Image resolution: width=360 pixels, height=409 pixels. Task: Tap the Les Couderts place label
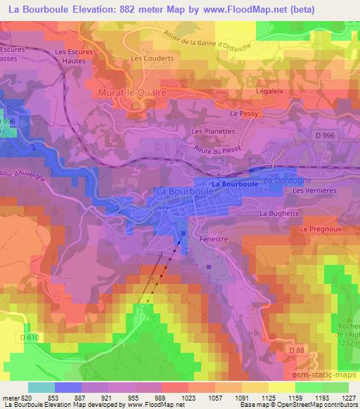[x=146, y=58]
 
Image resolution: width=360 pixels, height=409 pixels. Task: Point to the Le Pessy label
[x=245, y=113]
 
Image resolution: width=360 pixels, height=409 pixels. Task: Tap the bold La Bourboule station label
[x=236, y=183]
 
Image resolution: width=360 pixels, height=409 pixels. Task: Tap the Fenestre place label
[x=218, y=240]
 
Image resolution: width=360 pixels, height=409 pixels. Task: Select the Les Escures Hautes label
[x=70, y=56]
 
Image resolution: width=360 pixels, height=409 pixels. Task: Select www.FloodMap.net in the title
[x=239, y=10]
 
